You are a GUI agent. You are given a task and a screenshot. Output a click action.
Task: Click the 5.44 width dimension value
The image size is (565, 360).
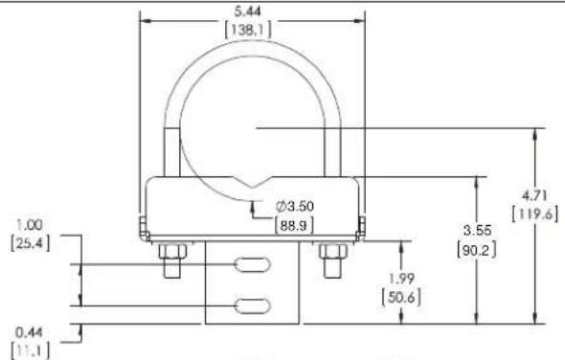click(x=247, y=11)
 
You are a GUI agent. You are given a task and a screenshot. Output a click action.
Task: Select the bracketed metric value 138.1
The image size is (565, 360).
click(x=248, y=30)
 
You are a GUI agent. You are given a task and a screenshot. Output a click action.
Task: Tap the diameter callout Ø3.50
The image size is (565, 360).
click(x=295, y=207)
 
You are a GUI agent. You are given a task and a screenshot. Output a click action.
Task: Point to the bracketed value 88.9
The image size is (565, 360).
click(x=294, y=225)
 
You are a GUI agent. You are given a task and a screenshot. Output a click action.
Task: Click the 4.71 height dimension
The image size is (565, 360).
click(x=534, y=195)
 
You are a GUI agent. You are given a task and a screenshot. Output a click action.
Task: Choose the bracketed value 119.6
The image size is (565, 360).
click(x=535, y=214)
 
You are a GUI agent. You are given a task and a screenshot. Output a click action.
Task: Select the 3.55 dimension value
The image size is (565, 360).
click(x=477, y=231)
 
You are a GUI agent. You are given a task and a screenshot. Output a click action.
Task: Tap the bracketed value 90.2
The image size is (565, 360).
click(x=477, y=249)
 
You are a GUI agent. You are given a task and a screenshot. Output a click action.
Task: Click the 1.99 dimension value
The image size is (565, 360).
click(x=401, y=279)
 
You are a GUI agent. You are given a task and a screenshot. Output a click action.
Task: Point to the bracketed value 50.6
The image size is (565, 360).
click(x=401, y=298)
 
